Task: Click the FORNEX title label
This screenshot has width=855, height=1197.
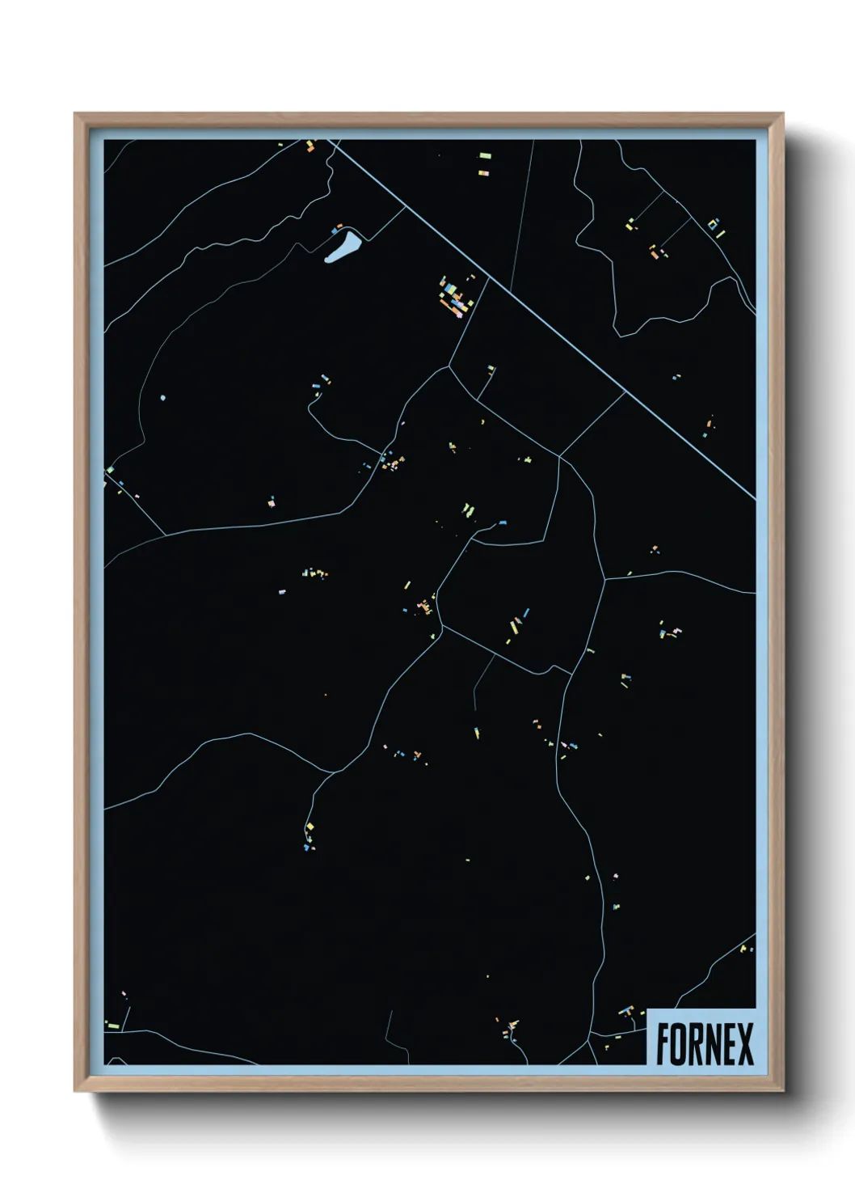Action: tap(704, 1043)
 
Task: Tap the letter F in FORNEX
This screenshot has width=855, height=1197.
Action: tap(663, 1044)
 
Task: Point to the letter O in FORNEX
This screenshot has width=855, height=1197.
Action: tap(680, 1044)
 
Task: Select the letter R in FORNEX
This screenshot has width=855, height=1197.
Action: tap(697, 1044)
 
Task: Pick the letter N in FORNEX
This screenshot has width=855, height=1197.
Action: tap(714, 1044)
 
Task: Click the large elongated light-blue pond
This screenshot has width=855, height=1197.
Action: tap(342, 247)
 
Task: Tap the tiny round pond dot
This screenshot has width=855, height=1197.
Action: tap(163, 398)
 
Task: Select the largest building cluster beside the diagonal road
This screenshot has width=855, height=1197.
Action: tap(455, 297)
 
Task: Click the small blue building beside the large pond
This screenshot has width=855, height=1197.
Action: tap(334, 231)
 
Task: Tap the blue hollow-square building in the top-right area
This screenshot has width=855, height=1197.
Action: tap(712, 225)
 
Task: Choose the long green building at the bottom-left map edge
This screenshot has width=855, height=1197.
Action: tap(112, 1026)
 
